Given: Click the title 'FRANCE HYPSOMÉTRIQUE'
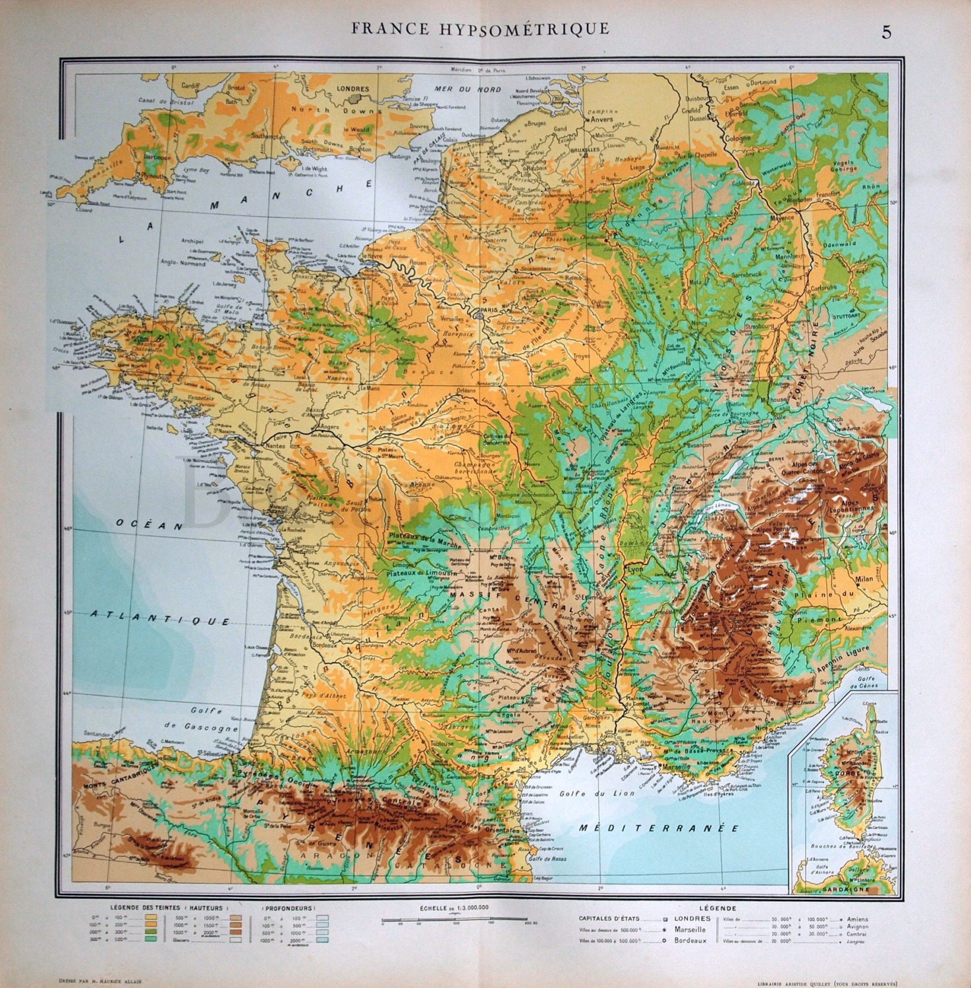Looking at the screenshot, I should point(480,29).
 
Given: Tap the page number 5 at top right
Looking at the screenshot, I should point(886,32).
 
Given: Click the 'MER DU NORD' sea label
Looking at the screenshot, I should point(468,89).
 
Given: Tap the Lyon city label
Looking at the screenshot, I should point(634,568).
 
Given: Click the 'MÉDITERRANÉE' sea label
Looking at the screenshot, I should point(658,828).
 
